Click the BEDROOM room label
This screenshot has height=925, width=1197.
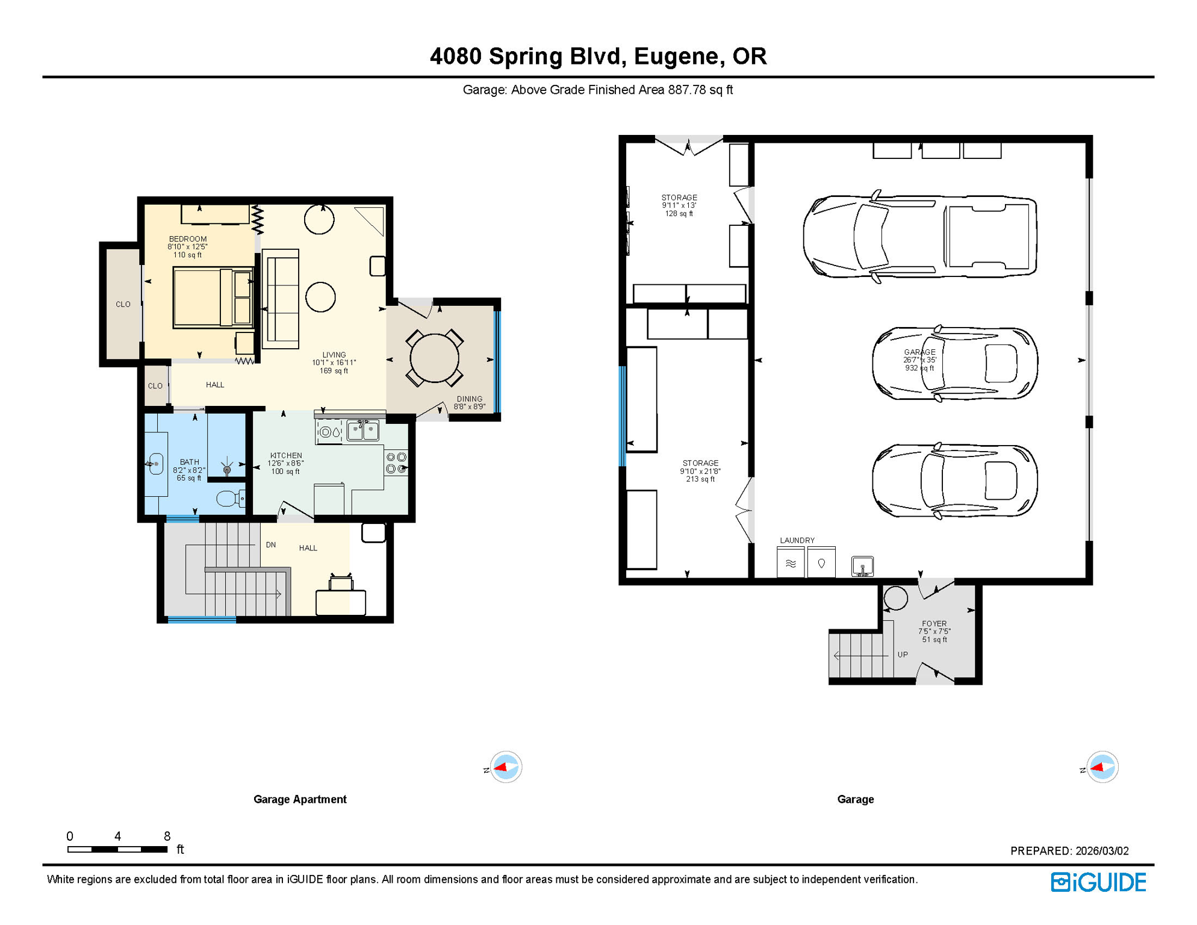(x=187, y=239)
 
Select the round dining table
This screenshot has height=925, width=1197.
(x=434, y=358)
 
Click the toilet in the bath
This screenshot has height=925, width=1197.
(x=229, y=499)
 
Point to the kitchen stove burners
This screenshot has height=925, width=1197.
(x=396, y=462)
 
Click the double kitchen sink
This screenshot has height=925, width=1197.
(x=363, y=431)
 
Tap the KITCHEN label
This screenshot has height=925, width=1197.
(x=286, y=456)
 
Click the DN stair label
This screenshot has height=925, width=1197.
(x=271, y=545)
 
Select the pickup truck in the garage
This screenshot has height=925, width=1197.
(x=919, y=237)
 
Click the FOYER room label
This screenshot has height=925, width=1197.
(x=934, y=624)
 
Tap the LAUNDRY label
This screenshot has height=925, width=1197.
(x=797, y=540)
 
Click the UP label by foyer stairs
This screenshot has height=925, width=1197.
(x=903, y=655)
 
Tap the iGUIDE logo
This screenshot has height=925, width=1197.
(x=1098, y=882)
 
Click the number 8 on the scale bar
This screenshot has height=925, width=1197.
(x=167, y=836)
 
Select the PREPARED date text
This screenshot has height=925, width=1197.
(x=1069, y=851)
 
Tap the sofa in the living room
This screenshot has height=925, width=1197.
(x=281, y=299)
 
